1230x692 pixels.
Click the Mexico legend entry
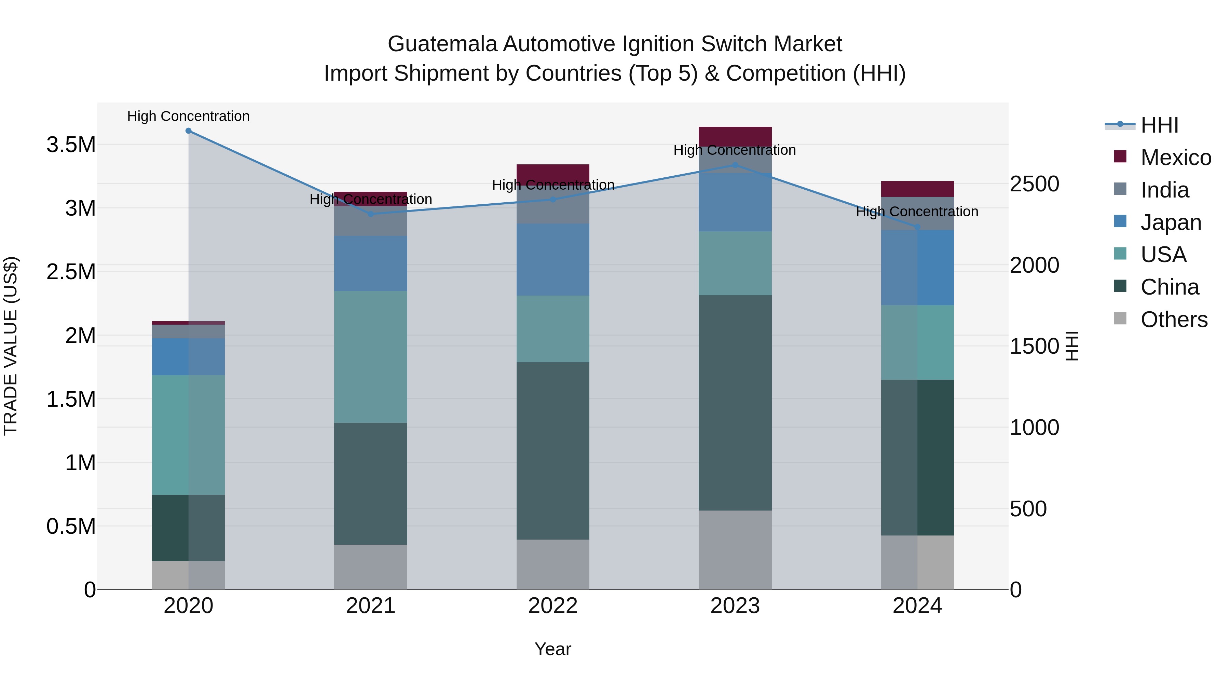1175,158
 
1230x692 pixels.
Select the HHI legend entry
1159,125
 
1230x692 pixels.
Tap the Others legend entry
1173,320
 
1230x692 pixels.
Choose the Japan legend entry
1170,222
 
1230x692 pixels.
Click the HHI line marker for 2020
188,131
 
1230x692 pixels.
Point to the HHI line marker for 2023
735,165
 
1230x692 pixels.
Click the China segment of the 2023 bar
735,403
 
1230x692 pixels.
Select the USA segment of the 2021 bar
370,357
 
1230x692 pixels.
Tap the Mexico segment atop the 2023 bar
735,137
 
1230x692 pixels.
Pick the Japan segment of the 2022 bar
552,259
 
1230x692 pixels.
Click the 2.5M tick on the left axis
71,272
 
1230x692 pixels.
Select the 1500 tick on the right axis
1034,346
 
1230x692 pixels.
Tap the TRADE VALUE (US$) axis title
11,346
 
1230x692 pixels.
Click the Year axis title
552,649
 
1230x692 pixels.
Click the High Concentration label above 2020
188,116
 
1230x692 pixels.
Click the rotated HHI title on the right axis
1072,346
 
